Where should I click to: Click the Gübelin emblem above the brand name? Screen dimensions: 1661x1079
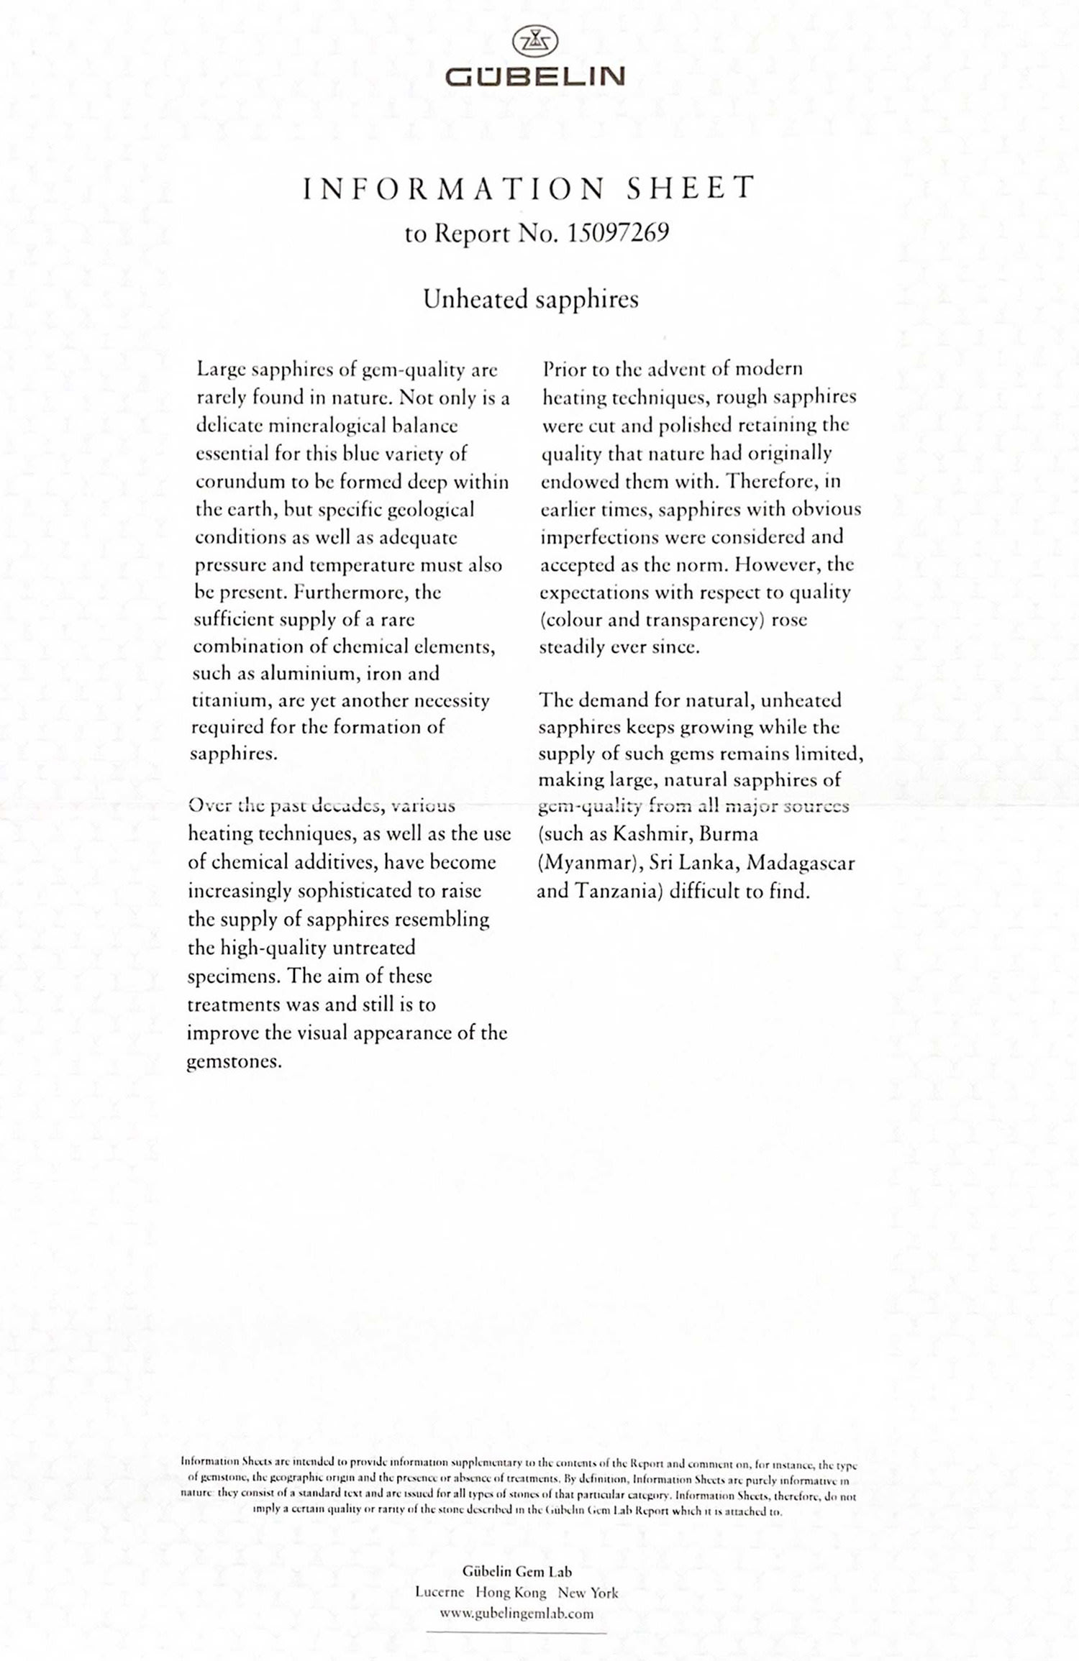click(x=535, y=42)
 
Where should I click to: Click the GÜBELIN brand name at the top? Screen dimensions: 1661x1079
click(x=535, y=76)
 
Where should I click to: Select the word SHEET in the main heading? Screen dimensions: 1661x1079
click(x=690, y=188)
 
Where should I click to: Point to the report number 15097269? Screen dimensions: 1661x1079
click(x=618, y=233)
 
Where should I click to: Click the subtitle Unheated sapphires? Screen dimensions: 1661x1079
click(x=531, y=299)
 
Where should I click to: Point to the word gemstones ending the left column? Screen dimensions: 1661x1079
click(x=234, y=1062)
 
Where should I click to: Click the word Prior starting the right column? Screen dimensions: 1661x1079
click(x=565, y=369)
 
